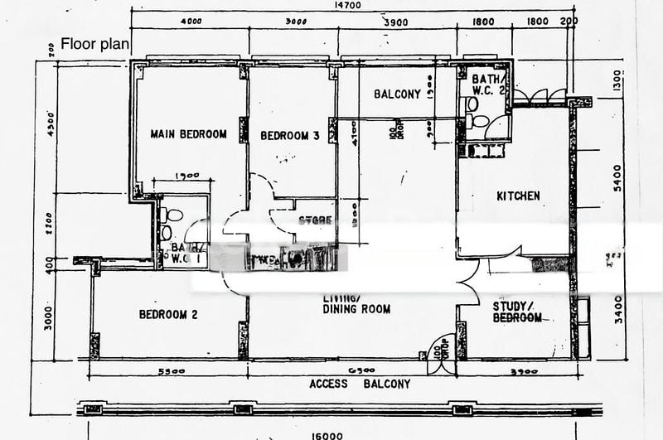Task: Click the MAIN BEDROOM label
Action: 188,134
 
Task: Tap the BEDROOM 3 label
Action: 290,136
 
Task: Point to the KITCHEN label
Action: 518,196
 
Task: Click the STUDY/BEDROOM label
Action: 518,312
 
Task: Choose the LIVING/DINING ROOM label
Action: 356,303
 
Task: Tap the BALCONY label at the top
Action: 397,94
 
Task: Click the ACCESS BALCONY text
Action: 359,384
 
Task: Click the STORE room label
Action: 315,220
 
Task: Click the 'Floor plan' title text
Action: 95,45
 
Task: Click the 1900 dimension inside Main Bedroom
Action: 189,176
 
